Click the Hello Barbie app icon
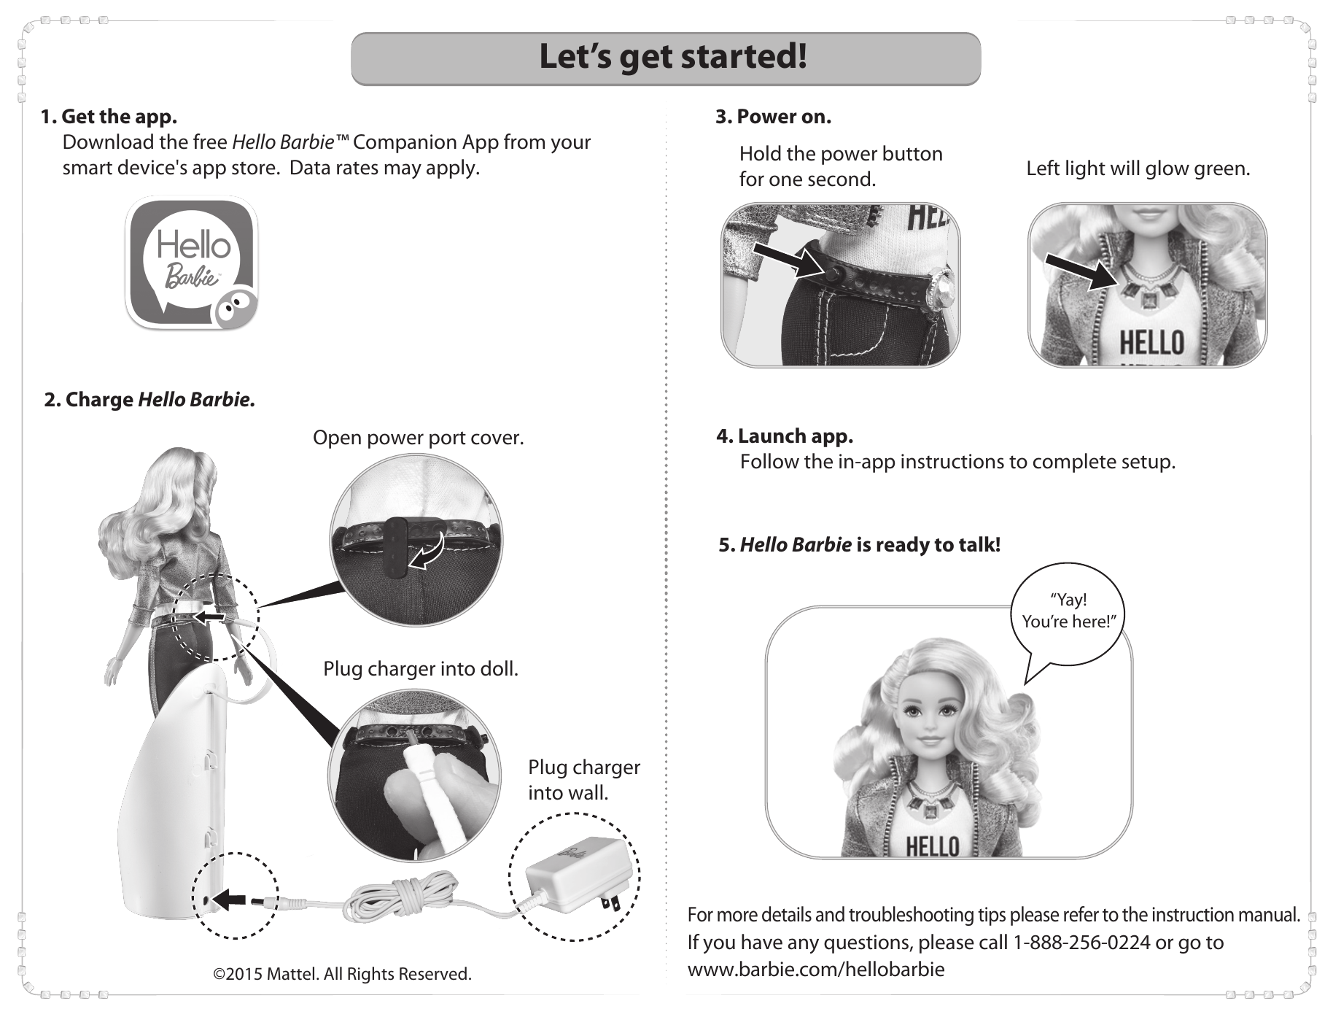coord(192,263)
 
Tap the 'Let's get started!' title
coord(672,56)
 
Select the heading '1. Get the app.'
coord(109,117)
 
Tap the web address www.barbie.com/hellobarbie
coord(816,969)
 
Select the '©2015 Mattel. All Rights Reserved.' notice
coord(342,974)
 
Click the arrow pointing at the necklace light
coord(1081,271)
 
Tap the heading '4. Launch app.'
coord(785,436)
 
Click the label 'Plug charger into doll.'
coord(421,669)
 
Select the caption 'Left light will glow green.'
coord(1138,169)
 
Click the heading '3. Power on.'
coord(773,117)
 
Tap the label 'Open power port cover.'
coord(419,438)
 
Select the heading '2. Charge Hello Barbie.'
coord(149,400)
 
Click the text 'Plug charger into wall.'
coord(584,780)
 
